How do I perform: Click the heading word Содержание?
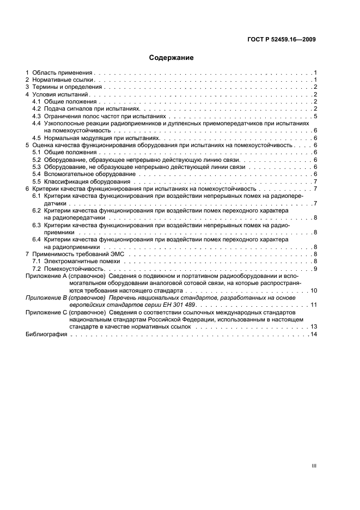point(172,57)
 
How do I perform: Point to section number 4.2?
point(36,109)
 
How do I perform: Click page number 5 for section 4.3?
point(315,117)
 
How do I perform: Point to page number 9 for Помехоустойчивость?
point(315,269)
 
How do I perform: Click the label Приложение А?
point(45,276)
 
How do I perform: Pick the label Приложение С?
point(45,312)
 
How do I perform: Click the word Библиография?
point(46,334)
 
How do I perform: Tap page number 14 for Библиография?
point(314,334)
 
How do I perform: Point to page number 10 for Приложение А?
point(314,290)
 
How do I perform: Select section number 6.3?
point(36,225)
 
